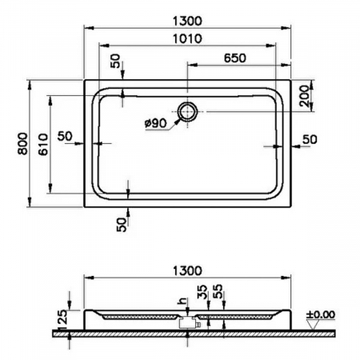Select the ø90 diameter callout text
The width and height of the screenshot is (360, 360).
click(x=156, y=123)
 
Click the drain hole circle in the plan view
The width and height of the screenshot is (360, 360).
click(x=187, y=112)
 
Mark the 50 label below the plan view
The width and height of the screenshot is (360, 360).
click(x=121, y=225)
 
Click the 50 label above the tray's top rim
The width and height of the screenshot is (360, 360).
click(x=117, y=62)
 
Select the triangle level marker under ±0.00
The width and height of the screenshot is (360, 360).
click(x=311, y=322)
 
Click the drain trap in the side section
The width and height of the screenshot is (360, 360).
click(x=190, y=322)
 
